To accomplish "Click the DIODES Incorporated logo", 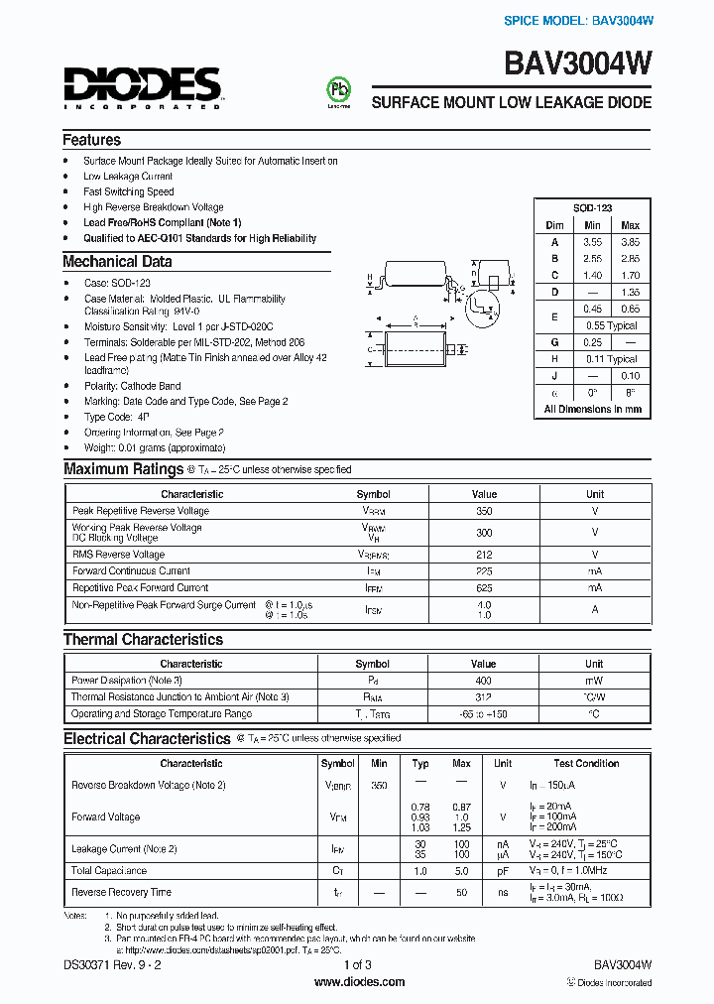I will pyautogui.click(x=142, y=86).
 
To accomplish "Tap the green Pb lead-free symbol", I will pyautogui.click(x=339, y=89).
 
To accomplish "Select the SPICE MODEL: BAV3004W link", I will pyautogui.click(x=578, y=21).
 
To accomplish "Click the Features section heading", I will pyautogui.click(x=91, y=140).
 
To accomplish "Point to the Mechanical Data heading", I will pyautogui.click(x=117, y=262).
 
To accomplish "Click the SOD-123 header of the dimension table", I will pyautogui.click(x=592, y=208).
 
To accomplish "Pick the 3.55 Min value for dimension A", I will pyautogui.click(x=592, y=242).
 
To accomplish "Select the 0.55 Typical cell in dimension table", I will pyautogui.click(x=611, y=325).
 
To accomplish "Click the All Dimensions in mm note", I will pyautogui.click(x=592, y=409).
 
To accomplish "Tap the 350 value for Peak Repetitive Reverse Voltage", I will pyautogui.click(x=484, y=511).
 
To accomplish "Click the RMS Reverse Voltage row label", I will pyautogui.click(x=118, y=555).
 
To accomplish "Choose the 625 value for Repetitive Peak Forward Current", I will pyautogui.click(x=484, y=587).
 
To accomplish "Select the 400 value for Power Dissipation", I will pyautogui.click(x=484, y=681).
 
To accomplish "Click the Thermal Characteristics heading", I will pyautogui.click(x=143, y=640).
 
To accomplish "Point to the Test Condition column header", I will pyautogui.click(x=586, y=764).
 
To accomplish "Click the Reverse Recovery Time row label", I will pyautogui.click(x=121, y=892).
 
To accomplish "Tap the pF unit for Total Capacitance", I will pyautogui.click(x=503, y=870).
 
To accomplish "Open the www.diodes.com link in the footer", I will pyautogui.click(x=358, y=982).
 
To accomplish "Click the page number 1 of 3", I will pyautogui.click(x=357, y=964).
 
